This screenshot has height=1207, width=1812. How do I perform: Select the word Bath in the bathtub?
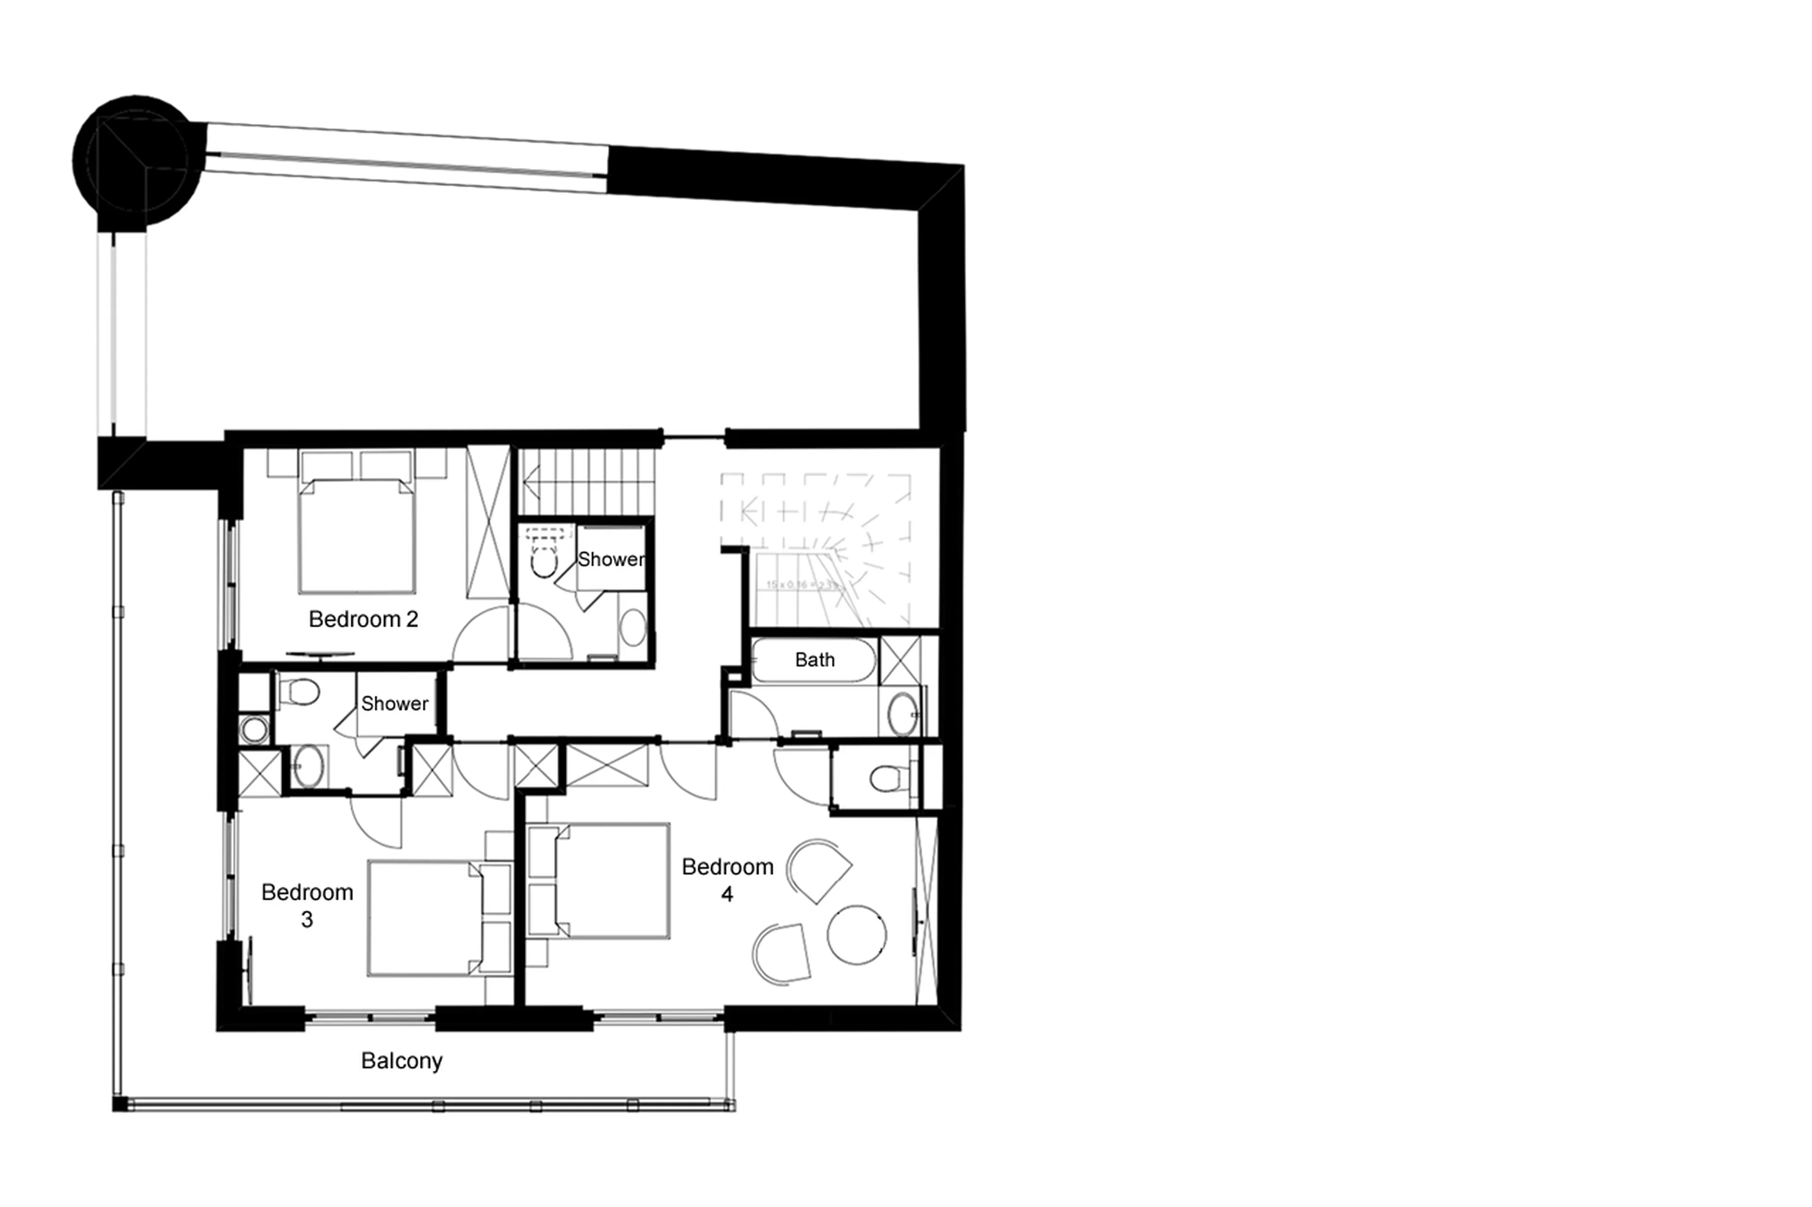814,660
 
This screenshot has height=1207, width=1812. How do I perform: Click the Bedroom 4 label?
727,880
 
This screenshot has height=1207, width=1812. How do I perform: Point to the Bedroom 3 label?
307,905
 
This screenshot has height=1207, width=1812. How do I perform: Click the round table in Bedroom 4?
856,934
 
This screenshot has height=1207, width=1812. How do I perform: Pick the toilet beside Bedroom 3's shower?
299,692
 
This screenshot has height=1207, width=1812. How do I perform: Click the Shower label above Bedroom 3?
394,704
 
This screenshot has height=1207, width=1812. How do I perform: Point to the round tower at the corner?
137,160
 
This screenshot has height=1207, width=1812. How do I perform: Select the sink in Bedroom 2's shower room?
633,627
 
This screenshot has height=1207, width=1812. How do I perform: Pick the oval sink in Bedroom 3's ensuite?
308,766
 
